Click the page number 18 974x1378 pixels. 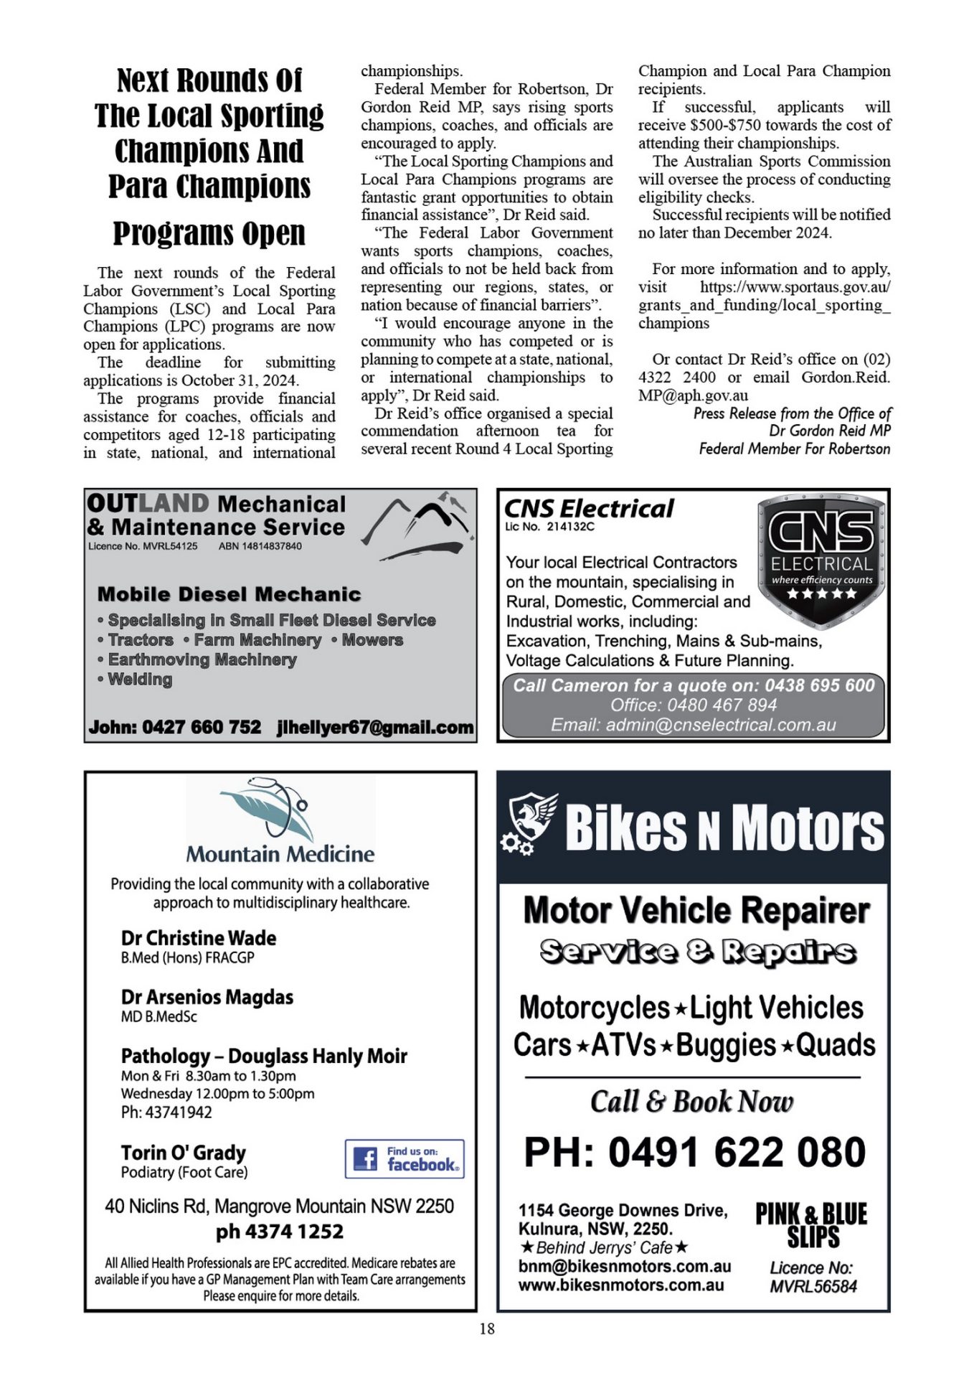(486, 1329)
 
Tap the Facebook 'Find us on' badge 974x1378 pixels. (405, 1159)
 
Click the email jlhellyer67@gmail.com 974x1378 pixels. (375, 727)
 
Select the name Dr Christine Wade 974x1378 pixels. (199, 938)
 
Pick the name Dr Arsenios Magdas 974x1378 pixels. (207, 997)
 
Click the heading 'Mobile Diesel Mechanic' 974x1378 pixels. (229, 594)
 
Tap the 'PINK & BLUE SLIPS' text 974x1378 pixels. (811, 1226)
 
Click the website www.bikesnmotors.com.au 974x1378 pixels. (621, 1285)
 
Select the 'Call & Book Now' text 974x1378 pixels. (691, 1102)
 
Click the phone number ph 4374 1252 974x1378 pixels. (280, 1232)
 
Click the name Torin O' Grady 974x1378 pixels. (184, 1153)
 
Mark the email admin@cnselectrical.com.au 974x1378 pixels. (721, 725)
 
